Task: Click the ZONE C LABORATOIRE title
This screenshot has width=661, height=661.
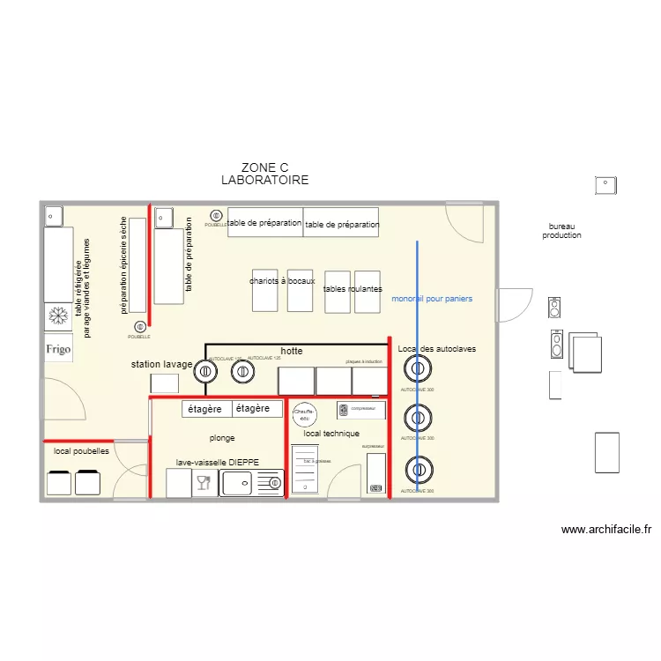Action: (x=264, y=174)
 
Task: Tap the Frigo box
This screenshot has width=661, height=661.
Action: (x=58, y=348)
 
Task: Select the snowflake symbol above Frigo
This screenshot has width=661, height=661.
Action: (x=58, y=316)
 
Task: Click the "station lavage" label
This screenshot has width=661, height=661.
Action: (x=161, y=364)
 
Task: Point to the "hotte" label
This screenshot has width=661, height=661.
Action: (x=292, y=351)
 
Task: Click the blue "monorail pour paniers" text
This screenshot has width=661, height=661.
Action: (x=432, y=299)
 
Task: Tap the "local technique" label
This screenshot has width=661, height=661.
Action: (x=331, y=434)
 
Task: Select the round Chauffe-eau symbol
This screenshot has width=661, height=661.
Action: (x=304, y=413)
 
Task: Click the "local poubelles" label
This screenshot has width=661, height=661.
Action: (x=81, y=450)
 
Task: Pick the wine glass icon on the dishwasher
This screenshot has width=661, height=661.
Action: (x=204, y=483)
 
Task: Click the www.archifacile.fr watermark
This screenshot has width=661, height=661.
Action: (x=606, y=530)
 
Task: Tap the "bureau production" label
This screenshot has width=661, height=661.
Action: (x=561, y=231)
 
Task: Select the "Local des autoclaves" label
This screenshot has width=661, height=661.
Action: (x=437, y=349)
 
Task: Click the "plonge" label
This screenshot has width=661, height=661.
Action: (x=222, y=437)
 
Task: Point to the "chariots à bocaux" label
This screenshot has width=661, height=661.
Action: (x=282, y=281)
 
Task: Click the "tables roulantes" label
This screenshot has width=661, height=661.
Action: (x=353, y=289)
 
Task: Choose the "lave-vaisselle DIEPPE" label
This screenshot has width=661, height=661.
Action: (x=218, y=462)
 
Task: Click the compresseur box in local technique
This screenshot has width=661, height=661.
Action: (x=361, y=410)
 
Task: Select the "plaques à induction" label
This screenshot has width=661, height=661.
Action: (x=364, y=361)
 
